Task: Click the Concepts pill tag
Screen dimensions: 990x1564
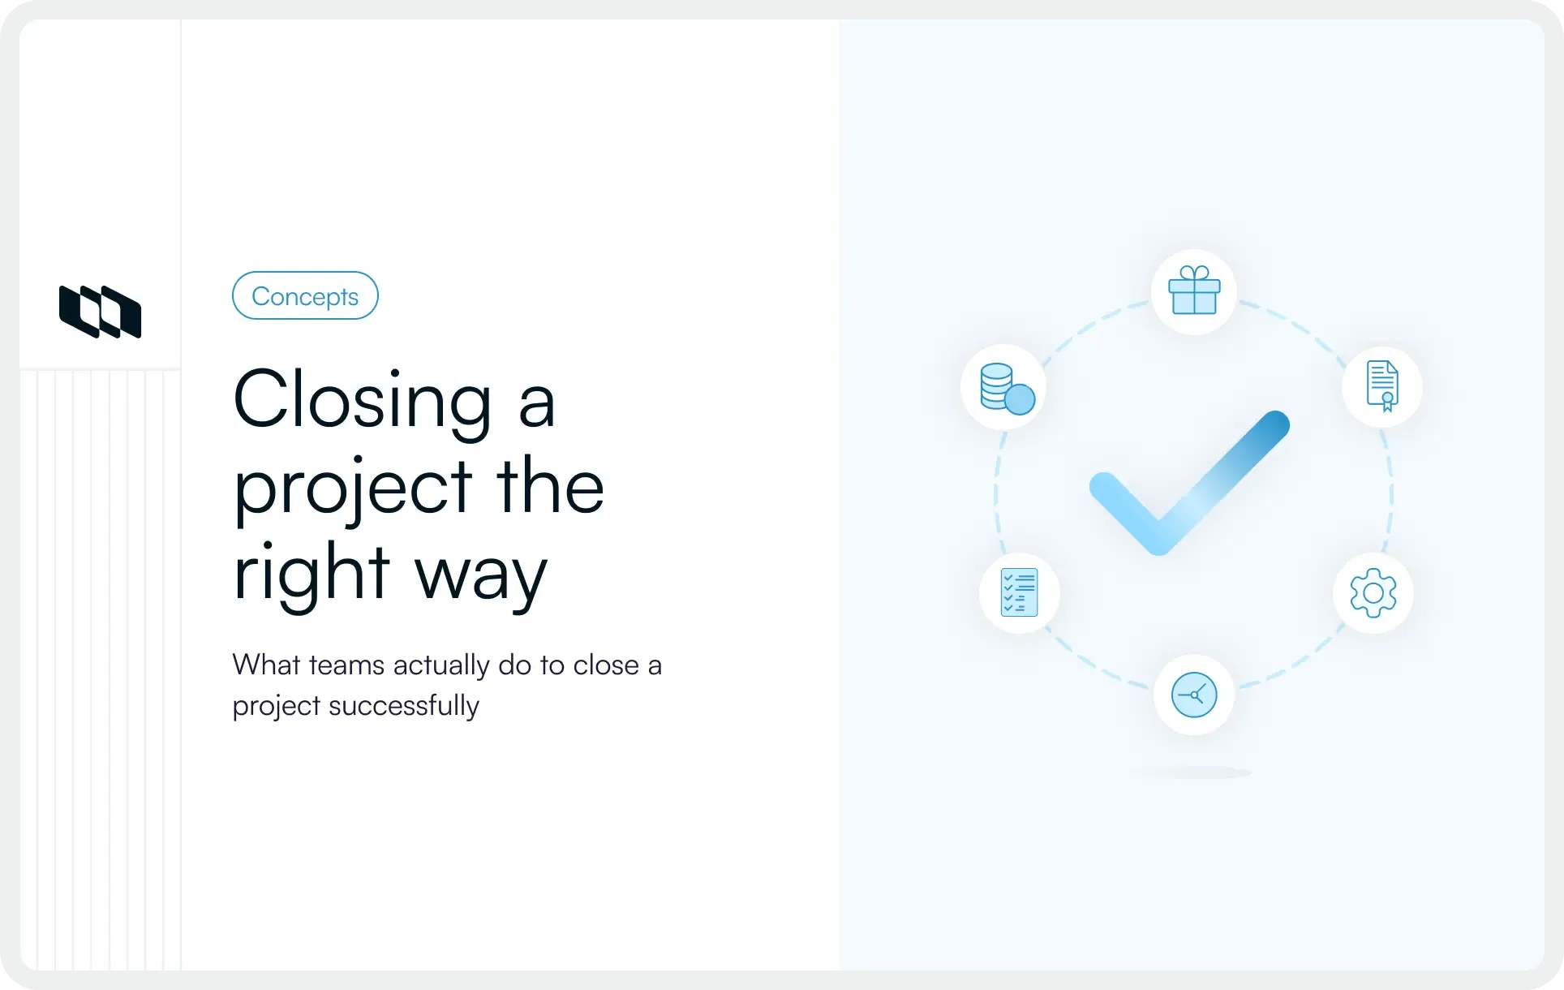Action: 305,296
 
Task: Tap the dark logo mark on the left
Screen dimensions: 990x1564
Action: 101,312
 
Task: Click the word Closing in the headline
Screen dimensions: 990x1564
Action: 362,400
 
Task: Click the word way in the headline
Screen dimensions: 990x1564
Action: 481,575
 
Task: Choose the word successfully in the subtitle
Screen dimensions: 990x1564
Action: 403,706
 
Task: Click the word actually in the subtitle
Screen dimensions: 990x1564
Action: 441,665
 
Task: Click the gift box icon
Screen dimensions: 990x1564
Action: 1194,291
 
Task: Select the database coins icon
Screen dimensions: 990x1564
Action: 1004,388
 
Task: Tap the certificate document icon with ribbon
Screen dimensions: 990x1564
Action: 1382,386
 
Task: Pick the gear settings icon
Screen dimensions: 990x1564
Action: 1373,593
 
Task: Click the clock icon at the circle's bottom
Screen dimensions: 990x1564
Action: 1194,695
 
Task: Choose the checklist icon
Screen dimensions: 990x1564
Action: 1020,592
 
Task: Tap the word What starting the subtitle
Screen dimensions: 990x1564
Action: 267,665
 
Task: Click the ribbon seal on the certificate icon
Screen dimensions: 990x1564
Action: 1387,400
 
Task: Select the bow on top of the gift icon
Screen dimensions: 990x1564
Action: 1194,273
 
